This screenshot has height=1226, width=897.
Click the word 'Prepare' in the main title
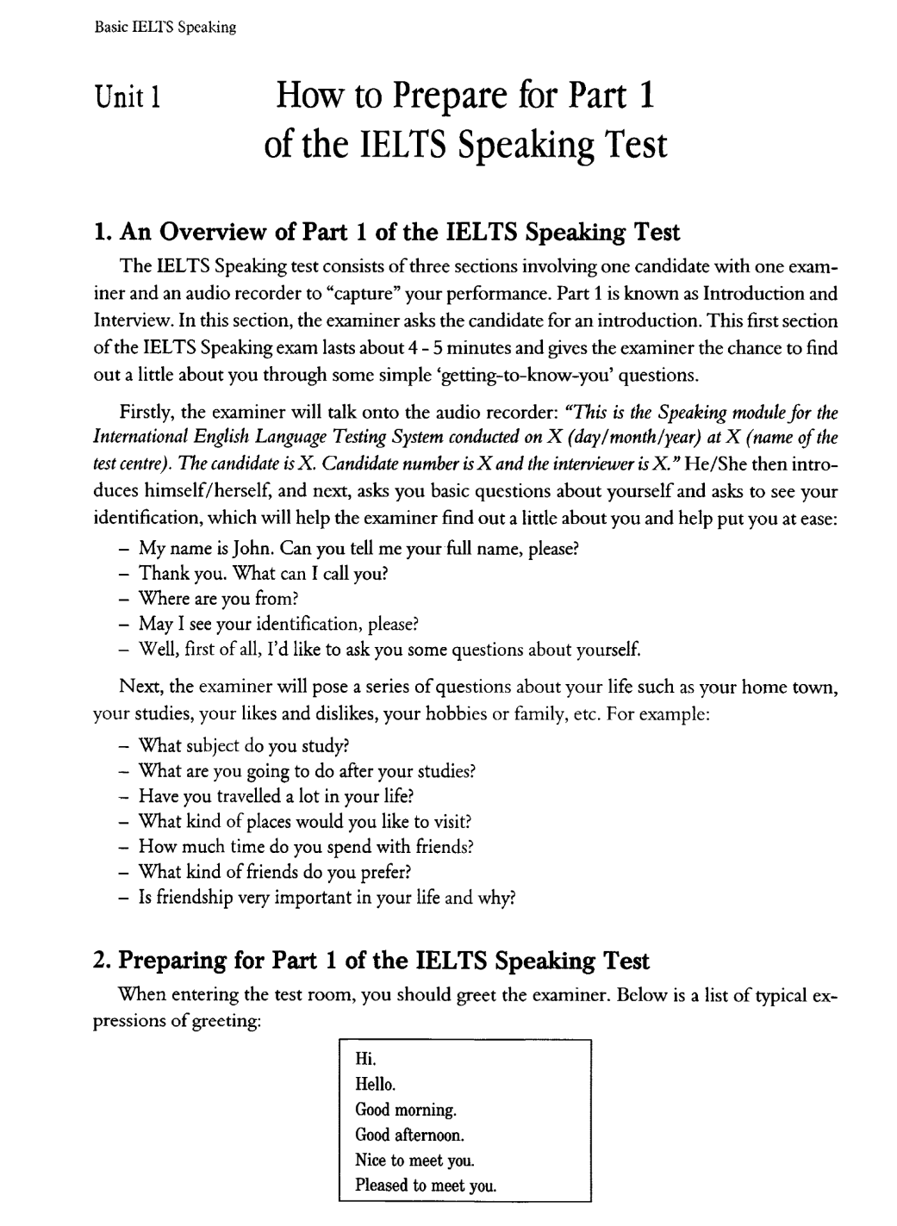coord(455,96)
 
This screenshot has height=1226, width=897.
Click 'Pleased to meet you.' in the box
coord(426,1185)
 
